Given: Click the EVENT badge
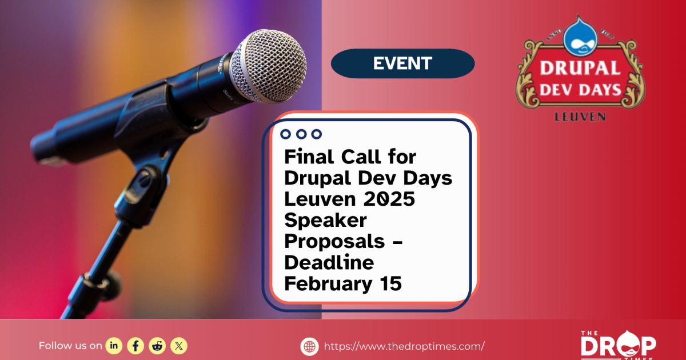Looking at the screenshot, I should tap(402, 63).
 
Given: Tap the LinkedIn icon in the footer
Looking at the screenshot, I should tap(114, 345).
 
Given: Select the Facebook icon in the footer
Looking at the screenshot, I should tap(135, 345).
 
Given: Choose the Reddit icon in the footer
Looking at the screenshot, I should tap(157, 345).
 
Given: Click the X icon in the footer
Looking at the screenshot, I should tap(179, 345).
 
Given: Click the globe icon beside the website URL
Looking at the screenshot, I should tap(309, 346).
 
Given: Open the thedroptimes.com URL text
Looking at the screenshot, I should tap(404, 346).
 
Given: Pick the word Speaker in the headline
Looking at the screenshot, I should tap(325, 220).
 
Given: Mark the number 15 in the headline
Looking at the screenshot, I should tap(392, 283).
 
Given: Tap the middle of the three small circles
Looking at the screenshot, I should tap(301, 134).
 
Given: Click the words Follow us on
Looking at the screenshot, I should tap(70, 345).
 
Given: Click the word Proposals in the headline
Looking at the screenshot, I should tap(335, 241).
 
